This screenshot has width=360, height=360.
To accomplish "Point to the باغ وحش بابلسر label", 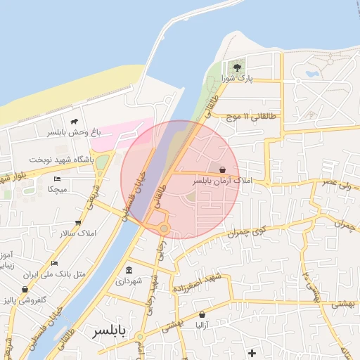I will click(x=76, y=131).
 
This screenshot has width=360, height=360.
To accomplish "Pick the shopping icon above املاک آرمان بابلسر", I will click(x=223, y=169).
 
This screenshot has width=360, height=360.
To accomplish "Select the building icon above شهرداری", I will click(x=129, y=270).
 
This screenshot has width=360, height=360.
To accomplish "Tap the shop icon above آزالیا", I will click(x=203, y=315).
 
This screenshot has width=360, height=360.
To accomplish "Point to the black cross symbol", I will click(x=252, y=352).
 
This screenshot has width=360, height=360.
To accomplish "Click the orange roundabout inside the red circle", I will click(x=164, y=228).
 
